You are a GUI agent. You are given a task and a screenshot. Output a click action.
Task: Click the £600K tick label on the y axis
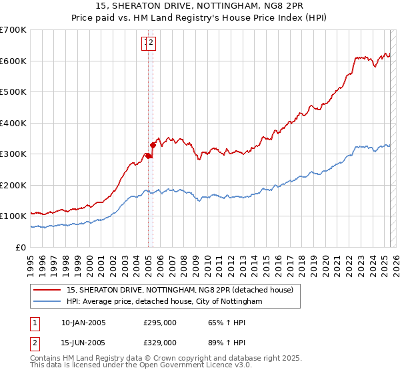[x=13, y=61]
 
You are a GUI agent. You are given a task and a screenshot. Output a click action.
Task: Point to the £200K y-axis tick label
[x=13, y=185]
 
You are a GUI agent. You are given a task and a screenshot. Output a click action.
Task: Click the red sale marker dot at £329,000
[x=153, y=145]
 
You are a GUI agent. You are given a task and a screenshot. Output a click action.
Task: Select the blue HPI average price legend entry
[x=164, y=302]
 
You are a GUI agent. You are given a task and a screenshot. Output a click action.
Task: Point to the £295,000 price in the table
[x=160, y=323]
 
